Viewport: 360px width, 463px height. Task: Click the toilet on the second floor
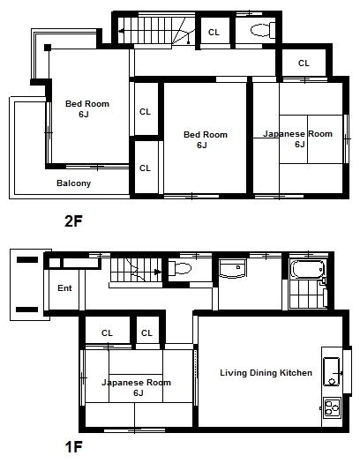(x=260, y=31)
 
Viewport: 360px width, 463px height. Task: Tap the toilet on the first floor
(x=180, y=269)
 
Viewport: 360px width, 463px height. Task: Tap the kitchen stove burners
(x=333, y=407)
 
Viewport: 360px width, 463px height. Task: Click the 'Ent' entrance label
(x=64, y=288)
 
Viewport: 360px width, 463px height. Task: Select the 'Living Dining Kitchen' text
(x=266, y=373)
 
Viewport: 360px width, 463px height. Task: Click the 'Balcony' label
(x=73, y=183)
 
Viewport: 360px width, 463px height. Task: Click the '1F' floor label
(x=73, y=447)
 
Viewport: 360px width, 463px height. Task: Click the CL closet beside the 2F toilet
(x=214, y=32)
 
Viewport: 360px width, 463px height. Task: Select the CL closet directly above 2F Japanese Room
(x=303, y=63)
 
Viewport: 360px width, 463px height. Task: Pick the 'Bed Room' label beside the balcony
(x=87, y=108)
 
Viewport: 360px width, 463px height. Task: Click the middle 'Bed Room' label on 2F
(x=205, y=139)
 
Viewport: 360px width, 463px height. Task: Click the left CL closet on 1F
(x=107, y=332)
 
